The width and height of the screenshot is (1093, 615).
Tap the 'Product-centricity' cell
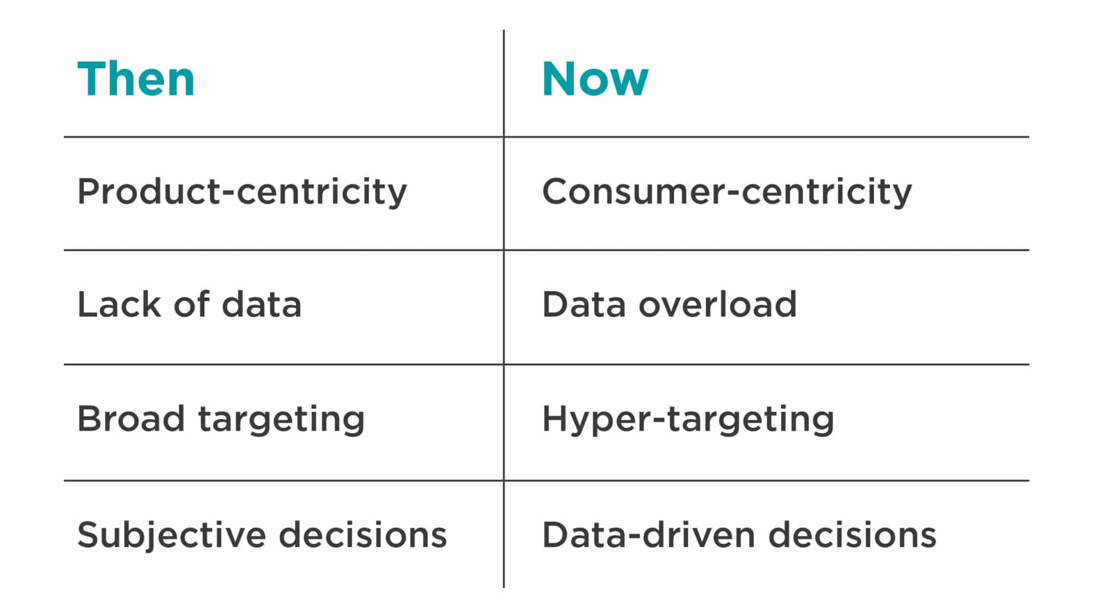coord(242,192)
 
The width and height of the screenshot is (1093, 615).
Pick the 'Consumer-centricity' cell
coord(727,192)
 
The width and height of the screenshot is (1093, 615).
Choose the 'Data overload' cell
coord(669,304)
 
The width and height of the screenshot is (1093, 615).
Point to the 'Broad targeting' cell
coord(221,420)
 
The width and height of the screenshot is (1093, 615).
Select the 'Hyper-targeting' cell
coord(688,420)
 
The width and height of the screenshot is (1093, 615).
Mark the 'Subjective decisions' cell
coord(262,536)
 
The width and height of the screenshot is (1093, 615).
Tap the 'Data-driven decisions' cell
coord(739,535)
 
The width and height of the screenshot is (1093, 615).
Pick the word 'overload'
coord(718,304)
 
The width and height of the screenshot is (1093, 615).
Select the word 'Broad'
coord(131,419)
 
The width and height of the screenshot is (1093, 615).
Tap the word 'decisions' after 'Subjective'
coord(363,535)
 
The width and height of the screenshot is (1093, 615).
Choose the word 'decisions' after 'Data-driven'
coord(852,535)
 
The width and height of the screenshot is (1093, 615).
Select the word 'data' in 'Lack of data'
coord(261,304)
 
